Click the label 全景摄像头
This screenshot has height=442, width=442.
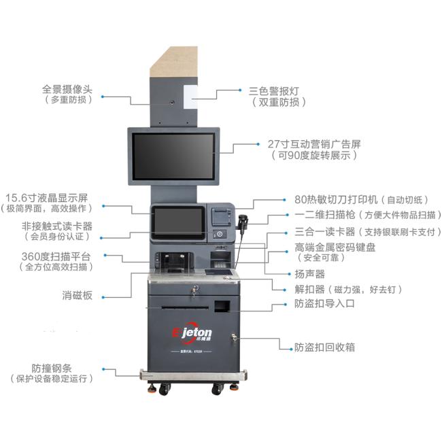[67, 89]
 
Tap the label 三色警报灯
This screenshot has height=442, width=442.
[273, 91]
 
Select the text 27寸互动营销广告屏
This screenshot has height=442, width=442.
[314, 144]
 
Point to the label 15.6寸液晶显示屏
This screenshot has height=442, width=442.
[47, 198]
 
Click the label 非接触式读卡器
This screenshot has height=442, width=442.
[57, 226]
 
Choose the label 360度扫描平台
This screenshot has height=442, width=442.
[56, 256]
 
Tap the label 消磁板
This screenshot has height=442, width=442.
[78, 295]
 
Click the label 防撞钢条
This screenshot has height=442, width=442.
[52, 368]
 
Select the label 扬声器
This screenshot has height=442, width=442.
[309, 274]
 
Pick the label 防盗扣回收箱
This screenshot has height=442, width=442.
[324, 347]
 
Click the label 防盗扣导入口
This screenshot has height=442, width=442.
[324, 303]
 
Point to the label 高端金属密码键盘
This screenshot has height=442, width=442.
[335, 248]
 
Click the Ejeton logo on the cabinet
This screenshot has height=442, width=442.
[192, 333]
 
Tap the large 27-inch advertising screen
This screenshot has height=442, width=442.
[173, 156]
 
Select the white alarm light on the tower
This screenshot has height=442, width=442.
[190, 97]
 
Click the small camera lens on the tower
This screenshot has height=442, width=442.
[171, 102]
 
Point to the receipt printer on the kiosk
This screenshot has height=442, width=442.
[222, 216]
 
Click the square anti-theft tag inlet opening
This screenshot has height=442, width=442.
[222, 306]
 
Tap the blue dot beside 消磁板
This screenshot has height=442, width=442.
[103, 297]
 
